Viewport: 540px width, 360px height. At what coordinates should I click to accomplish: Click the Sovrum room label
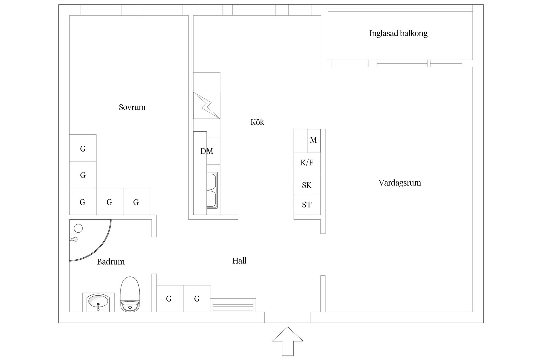132,107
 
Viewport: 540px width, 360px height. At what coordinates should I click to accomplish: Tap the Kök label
257,122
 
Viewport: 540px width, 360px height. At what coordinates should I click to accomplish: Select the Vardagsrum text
399,183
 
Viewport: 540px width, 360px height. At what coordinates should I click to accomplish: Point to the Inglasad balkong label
398,33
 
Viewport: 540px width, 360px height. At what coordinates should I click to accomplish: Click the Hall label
239,261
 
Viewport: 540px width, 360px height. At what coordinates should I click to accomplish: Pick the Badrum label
111,262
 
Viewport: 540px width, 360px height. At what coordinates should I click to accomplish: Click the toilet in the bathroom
130,294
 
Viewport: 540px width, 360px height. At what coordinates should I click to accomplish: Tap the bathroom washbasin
98,302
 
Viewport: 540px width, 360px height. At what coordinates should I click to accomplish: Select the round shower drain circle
78,228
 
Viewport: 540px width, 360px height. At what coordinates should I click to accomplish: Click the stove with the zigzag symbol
206,105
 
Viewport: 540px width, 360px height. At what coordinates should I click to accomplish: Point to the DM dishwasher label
206,151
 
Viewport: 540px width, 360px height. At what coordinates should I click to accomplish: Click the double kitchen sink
212,190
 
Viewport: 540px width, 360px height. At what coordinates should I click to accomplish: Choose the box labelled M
313,140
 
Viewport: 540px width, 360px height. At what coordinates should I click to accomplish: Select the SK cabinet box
307,185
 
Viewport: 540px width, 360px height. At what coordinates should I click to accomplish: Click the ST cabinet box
307,205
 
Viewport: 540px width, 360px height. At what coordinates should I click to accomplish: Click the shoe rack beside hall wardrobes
233,305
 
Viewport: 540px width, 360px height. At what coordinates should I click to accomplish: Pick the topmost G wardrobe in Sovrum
83,148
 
